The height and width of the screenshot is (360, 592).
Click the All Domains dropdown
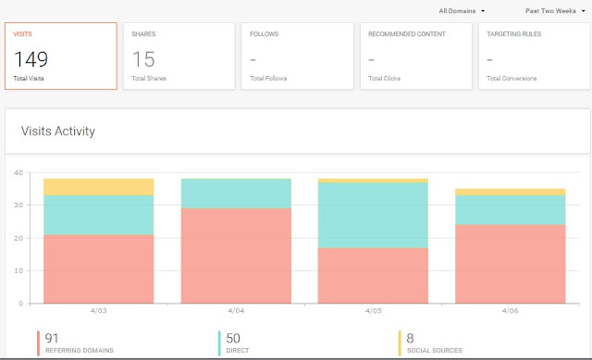462,11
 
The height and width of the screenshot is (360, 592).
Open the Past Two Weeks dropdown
555,11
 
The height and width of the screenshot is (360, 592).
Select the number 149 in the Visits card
31,59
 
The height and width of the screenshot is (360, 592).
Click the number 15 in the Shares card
143,59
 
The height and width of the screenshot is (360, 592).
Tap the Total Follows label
268,78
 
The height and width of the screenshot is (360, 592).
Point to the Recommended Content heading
407,34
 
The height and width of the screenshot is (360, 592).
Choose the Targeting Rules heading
514,34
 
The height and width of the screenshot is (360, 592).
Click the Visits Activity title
58,131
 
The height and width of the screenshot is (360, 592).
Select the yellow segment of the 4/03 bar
99,187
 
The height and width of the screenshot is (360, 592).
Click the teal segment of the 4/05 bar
373,216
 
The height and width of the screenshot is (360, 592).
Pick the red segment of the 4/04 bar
236,255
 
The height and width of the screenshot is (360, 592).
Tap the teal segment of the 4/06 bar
510,210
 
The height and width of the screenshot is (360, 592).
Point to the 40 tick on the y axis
18,173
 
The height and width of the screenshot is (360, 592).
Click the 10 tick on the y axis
18,270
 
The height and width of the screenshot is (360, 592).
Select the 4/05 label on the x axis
373,311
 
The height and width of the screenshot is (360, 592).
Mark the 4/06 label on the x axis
510,311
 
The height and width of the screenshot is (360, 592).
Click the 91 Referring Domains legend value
52,338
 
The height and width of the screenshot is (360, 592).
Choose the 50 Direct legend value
233,338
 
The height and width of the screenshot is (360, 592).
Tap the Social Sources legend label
435,351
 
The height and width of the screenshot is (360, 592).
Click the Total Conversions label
512,78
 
